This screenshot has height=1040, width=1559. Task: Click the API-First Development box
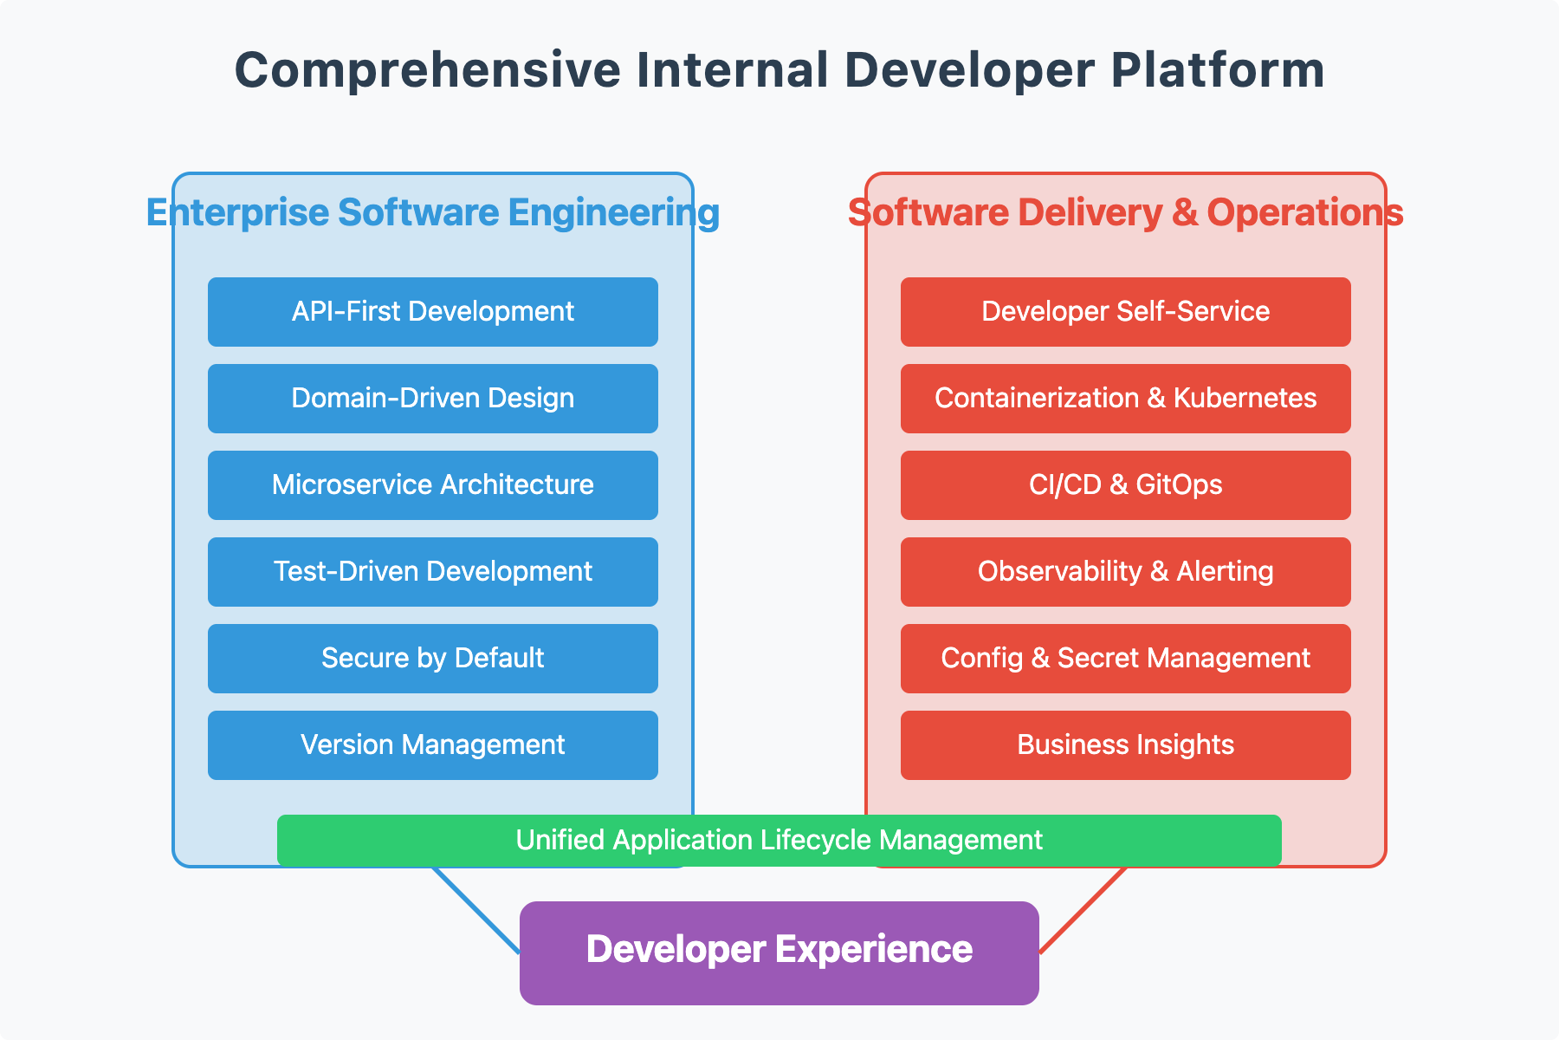433,312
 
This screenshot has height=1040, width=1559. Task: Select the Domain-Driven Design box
433,399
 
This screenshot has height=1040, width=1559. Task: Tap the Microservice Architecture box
433,485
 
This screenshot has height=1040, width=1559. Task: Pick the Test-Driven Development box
433,572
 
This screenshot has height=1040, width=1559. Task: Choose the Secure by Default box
433,659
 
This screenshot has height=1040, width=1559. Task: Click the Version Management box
433,745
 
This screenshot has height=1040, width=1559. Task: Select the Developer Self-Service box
1126,312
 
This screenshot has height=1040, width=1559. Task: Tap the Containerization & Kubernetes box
1126,399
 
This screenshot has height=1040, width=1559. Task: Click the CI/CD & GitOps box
1126,485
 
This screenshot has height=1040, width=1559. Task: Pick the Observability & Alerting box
1126,572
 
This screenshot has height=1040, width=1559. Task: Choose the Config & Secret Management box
1126,659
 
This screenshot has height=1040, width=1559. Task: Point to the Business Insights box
1126,745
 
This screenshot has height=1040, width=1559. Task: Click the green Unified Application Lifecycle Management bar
779,841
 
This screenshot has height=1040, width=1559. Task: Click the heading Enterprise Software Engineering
433,213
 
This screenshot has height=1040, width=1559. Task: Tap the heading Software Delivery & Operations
1126,213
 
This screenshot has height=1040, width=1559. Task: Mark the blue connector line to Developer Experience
476,910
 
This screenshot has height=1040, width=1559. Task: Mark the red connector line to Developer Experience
1083,910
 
